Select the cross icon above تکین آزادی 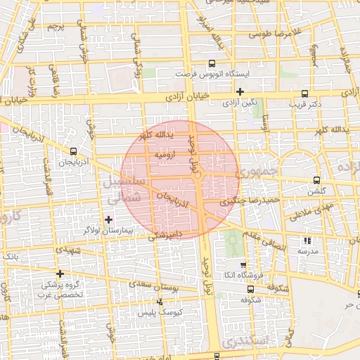240,91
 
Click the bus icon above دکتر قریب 304,93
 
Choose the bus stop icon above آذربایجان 75,151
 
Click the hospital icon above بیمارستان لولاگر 108,219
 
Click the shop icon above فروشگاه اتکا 243,265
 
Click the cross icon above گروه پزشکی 60,274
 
